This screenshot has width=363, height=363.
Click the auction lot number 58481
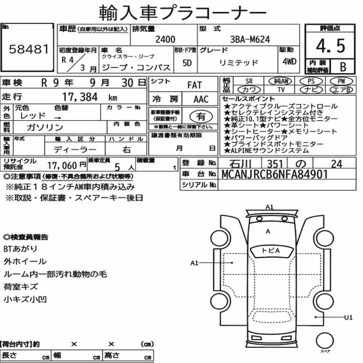[x=29, y=49]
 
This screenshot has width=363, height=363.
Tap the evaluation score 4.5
[x=330, y=46]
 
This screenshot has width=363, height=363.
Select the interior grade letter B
[x=343, y=67]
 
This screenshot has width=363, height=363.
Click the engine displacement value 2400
[x=165, y=39]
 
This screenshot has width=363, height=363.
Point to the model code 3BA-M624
[x=250, y=39]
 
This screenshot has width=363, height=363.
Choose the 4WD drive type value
[x=289, y=62]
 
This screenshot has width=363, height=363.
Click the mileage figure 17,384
[x=80, y=97]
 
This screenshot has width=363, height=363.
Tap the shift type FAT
[x=195, y=85]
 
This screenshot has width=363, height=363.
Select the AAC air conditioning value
[x=201, y=99]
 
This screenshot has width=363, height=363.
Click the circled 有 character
[x=201, y=117]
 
